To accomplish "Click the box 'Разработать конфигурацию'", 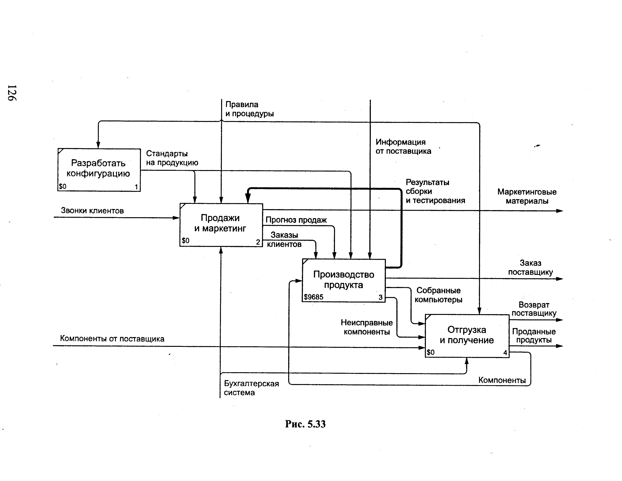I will coord(99,170).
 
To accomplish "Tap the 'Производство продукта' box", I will coord(343,280).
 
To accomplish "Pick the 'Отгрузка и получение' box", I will coord(467,335).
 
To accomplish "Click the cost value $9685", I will coord(314,297).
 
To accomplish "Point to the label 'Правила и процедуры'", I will coord(249,109).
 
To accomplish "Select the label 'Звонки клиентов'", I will coord(92,211).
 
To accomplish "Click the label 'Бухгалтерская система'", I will coord(251,388).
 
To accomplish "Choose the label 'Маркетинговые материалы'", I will coord(527,196).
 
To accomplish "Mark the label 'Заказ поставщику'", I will coord(530,267).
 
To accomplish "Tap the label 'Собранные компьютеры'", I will coord(438,295).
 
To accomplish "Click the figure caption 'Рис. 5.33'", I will coord(305,424).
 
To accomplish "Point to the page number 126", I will coord(12,93).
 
